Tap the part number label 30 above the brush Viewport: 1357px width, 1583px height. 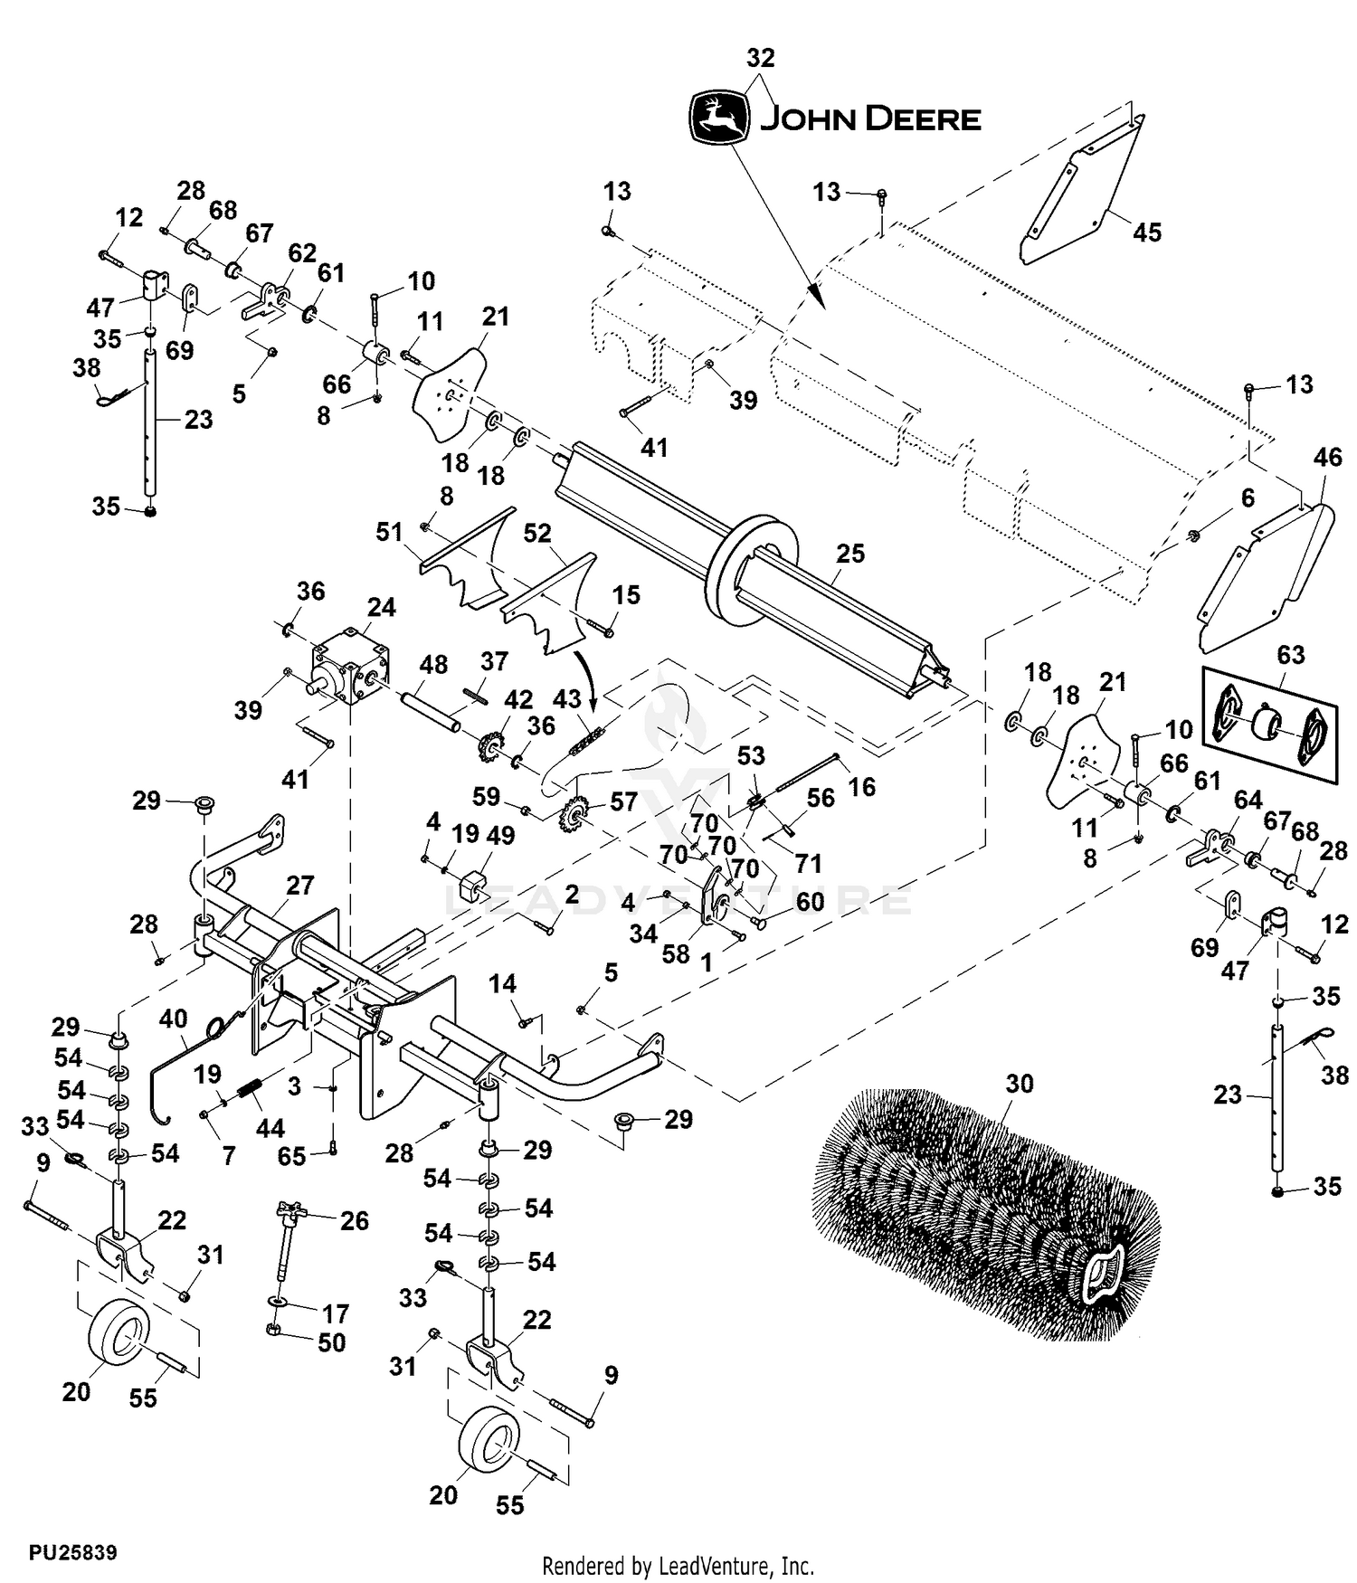[x=1019, y=1083]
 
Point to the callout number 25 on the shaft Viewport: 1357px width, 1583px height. [x=849, y=553]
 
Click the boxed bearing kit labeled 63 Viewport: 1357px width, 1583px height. [x=1268, y=725]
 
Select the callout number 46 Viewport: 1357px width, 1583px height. [x=1327, y=458]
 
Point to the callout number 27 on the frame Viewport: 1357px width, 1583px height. [x=299, y=885]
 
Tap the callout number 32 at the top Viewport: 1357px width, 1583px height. [x=760, y=58]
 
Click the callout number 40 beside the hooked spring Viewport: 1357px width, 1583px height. [x=173, y=1019]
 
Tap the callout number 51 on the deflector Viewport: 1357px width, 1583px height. [x=389, y=532]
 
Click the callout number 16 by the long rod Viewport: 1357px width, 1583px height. [x=861, y=787]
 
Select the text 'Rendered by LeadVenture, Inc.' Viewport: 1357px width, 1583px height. [x=678, y=1565]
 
